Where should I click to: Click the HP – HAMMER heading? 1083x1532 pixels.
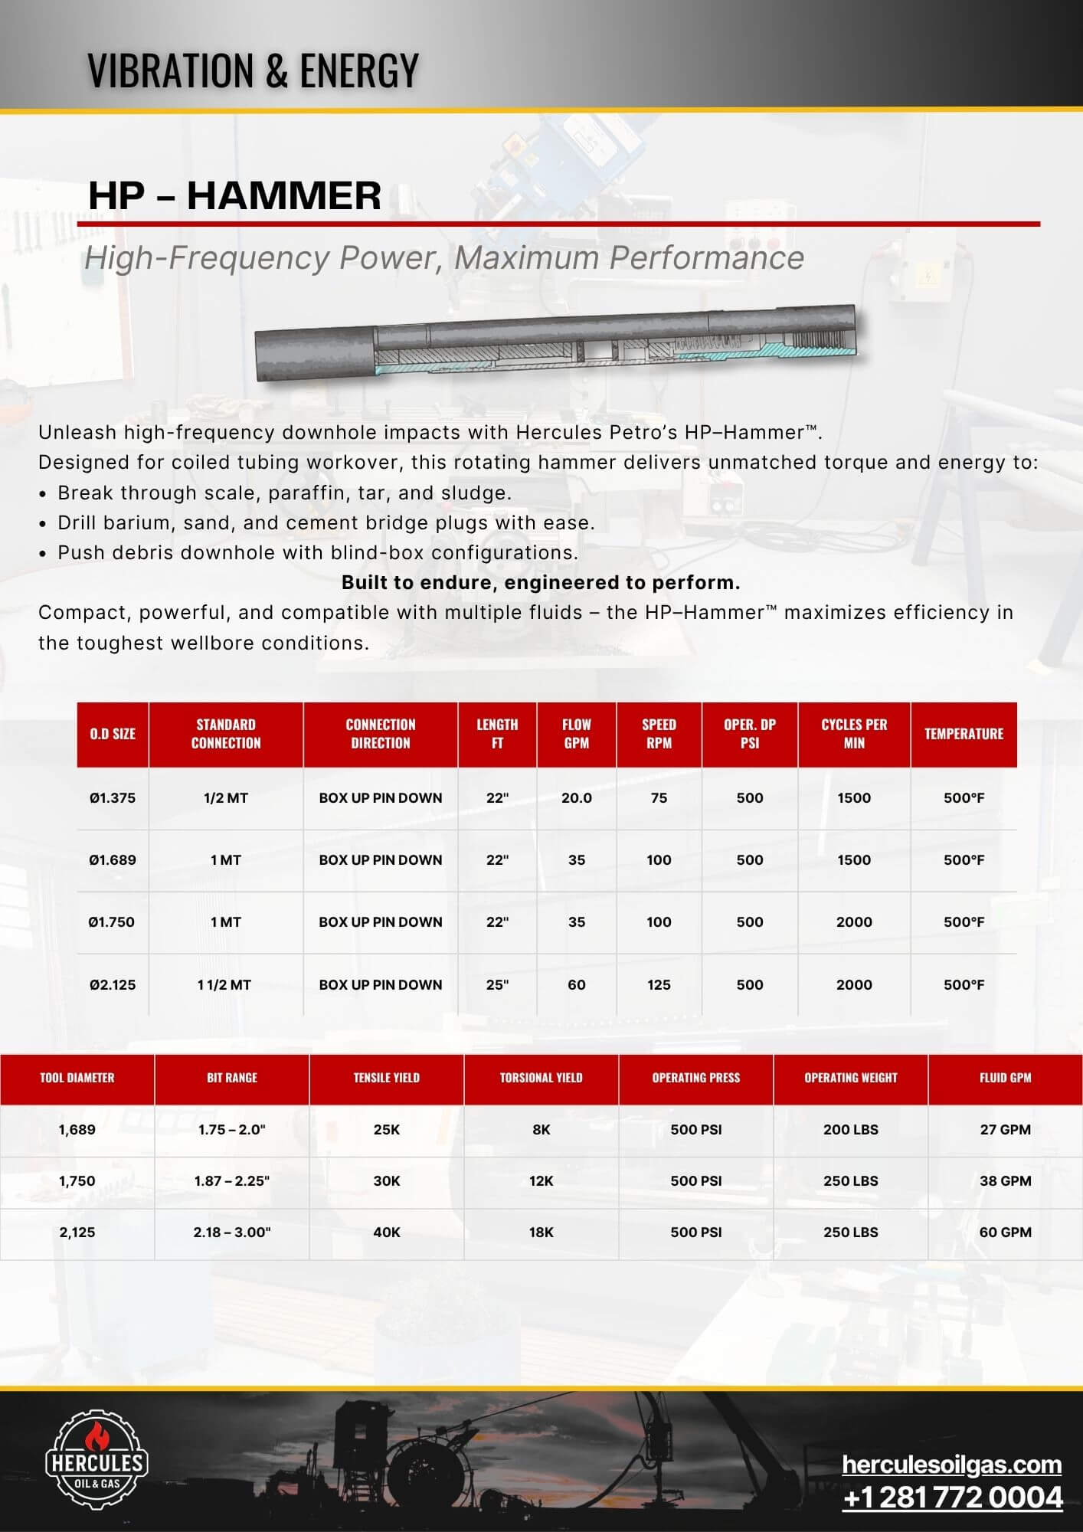pos(234,195)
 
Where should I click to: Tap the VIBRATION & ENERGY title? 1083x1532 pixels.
pos(253,70)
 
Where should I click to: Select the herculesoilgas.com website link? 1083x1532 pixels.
pos(951,1464)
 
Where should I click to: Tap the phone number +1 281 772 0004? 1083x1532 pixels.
pos(952,1498)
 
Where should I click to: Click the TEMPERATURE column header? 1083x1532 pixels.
pos(964,734)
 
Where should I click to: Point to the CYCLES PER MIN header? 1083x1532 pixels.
pos(854,734)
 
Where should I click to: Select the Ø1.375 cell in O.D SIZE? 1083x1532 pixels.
pos(113,798)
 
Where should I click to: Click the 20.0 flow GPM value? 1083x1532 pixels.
pos(577,798)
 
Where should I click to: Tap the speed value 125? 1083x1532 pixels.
pos(659,985)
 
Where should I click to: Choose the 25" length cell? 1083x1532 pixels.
pos(497,985)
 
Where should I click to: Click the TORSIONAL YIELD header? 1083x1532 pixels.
pos(541,1078)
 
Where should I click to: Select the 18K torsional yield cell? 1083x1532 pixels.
pos(541,1232)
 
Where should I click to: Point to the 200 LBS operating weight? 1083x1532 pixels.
pos(850,1130)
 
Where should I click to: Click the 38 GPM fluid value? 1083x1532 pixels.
pos(1005,1181)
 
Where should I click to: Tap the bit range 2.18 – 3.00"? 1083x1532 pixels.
pos(231,1232)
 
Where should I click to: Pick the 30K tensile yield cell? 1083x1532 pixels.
pos(386,1181)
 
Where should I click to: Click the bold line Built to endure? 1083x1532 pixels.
pos(541,583)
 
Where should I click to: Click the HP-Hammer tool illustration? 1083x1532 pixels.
pos(555,343)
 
